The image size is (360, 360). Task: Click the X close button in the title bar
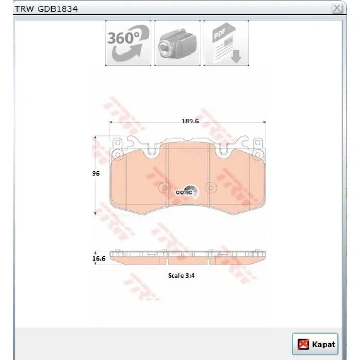click(x=337, y=9)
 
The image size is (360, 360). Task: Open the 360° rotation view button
click(x=129, y=43)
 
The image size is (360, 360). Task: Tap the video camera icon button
click(x=177, y=43)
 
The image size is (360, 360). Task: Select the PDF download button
click(x=226, y=43)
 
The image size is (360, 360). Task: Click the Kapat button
click(x=315, y=344)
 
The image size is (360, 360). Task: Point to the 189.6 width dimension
click(x=190, y=121)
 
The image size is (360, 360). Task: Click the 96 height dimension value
click(x=96, y=173)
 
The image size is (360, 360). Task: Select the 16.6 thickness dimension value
click(x=99, y=258)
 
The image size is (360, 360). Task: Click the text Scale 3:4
click(x=182, y=275)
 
